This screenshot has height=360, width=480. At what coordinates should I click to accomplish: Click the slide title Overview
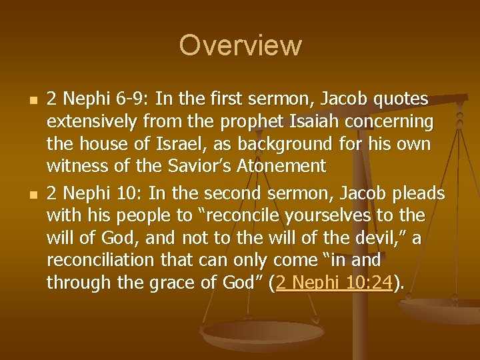pos(240,46)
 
